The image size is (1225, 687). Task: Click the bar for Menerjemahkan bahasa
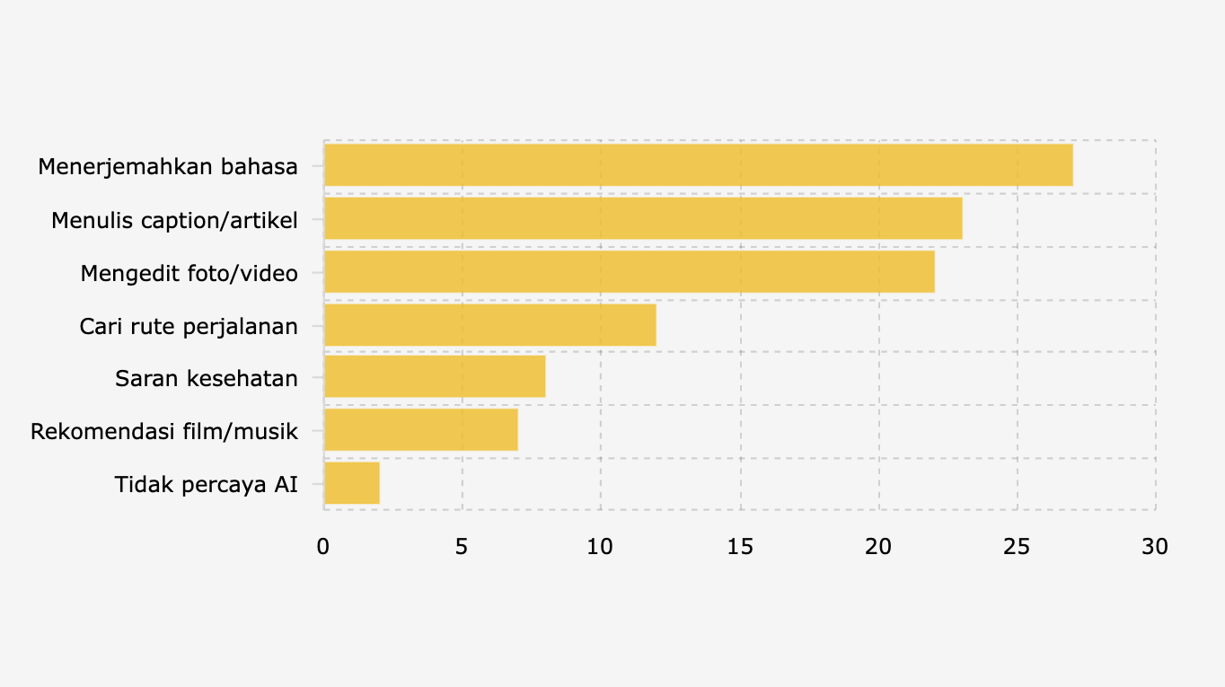[698, 165]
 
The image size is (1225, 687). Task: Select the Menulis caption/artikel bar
[643, 218]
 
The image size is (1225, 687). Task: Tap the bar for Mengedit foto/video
[629, 271]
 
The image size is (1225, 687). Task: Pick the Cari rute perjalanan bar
[489, 325]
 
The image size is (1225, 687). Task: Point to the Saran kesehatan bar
[435, 377]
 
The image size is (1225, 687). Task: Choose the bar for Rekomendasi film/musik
[420, 430]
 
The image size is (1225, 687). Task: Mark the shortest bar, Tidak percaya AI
[351, 483]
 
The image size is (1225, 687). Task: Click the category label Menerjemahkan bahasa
[168, 166]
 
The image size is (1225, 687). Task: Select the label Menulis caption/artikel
[174, 219]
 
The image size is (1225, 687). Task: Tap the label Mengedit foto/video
[189, 272]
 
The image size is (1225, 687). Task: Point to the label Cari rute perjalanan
[189, 325]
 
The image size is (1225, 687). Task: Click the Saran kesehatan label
[207, 378]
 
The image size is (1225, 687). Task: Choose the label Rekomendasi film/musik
[164, 431]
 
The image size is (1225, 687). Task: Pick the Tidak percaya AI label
[207, 484]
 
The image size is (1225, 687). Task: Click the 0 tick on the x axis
[323, 546]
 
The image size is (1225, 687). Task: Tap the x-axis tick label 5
[462, 546]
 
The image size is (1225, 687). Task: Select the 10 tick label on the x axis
[601, 546]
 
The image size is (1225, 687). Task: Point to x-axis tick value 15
[739, 546]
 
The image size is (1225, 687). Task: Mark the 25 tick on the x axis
[1017, 546]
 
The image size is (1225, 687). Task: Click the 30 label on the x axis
[1155, 546]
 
